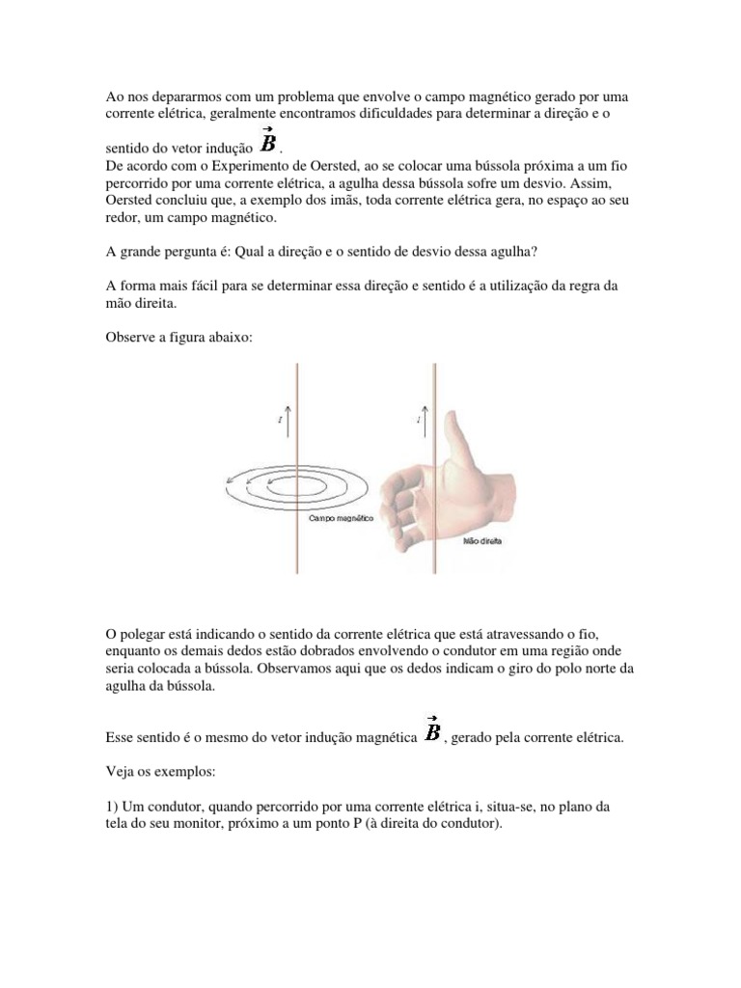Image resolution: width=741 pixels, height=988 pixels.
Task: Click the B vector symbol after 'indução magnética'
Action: coord(432,732)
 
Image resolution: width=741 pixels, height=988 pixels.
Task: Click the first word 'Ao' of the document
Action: coord(114,97)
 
